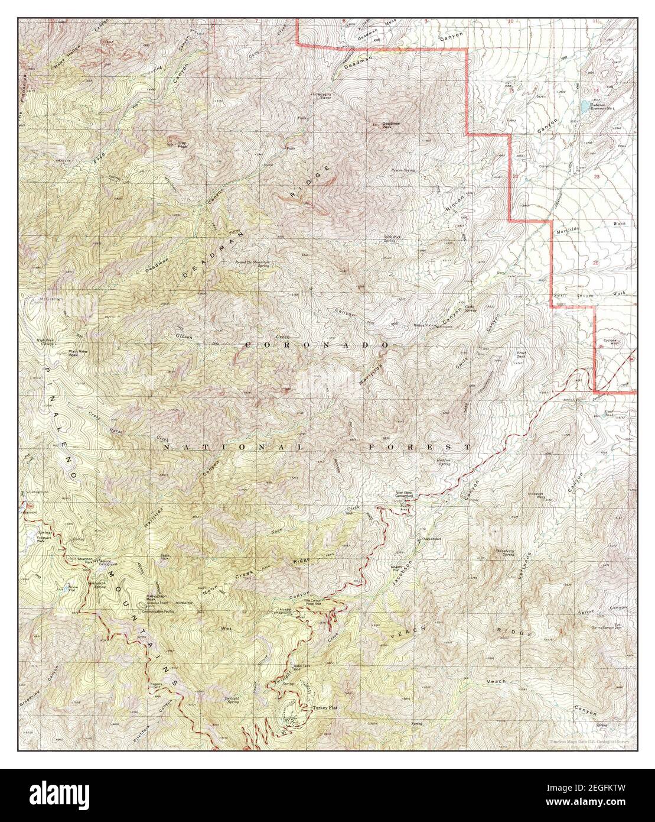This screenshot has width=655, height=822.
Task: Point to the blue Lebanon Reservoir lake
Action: pyautogui.click(x=584, y=106)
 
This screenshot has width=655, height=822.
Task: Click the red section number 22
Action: pyautogui.click(x=515, y=176)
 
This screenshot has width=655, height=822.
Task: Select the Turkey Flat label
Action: pyautogui.click(x=324, y=707)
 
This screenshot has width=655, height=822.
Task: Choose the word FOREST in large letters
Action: pyautogui.click(x=418, y=447)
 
